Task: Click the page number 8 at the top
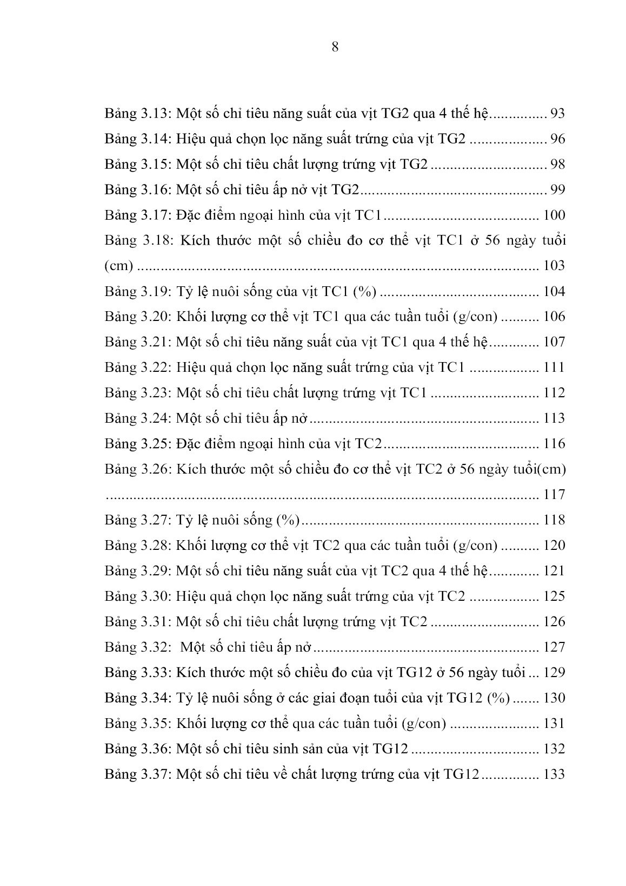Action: coord(335,47)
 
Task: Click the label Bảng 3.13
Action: coord(137,114)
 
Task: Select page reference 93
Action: coord(557,114)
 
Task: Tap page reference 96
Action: coord(557,139)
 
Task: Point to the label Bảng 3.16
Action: coord(137,190)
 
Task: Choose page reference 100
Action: coord(554,215)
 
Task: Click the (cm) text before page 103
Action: coord(118,266)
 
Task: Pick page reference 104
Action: coord(554,292)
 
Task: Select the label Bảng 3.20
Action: coord(137,317)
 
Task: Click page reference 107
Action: coord(554,342)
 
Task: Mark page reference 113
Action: coord(554,418)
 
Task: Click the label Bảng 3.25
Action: coord(137,444)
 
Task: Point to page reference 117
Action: coord(554,495)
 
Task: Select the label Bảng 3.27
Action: coord(137,520)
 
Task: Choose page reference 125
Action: coord(554,596)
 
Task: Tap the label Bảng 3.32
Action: coord(137,647)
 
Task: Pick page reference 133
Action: coord(554,775)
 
